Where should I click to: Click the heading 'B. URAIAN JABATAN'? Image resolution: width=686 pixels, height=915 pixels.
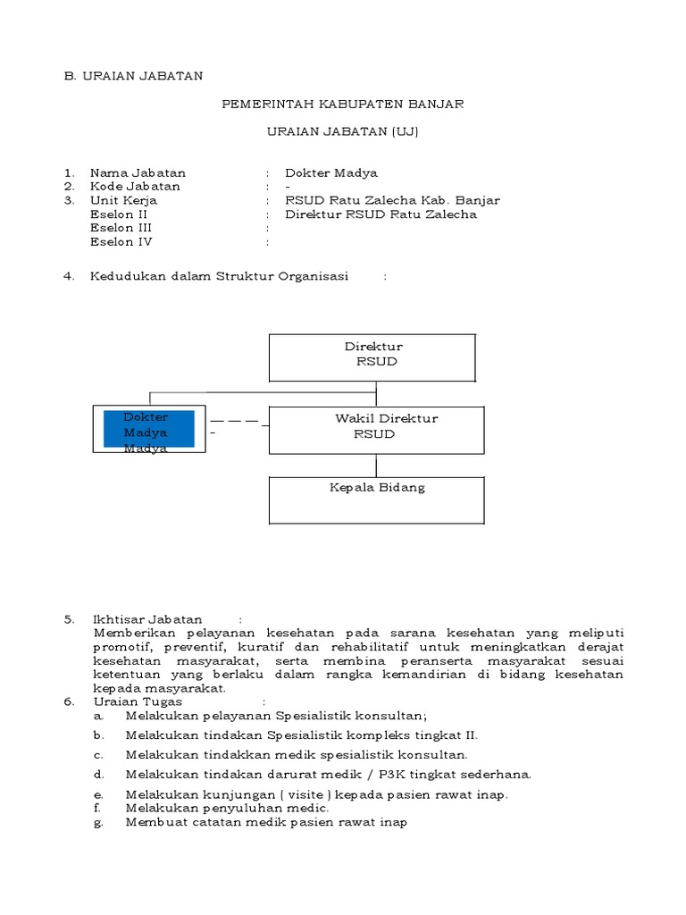[x=133, y=77]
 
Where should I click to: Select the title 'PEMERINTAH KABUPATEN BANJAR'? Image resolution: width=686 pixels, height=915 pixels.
[x=342, y=105]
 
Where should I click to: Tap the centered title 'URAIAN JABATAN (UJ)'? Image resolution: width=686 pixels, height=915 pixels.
[x=342, y=131]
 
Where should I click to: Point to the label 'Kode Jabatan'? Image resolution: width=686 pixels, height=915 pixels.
[x=135, y=186]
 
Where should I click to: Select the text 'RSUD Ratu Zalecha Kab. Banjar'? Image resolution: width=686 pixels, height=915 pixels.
[x=392, y=200]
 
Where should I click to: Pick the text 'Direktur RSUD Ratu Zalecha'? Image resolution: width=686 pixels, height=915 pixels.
[x=381, y=214]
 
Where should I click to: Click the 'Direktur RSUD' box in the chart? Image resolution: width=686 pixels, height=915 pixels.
[x=372, y=357]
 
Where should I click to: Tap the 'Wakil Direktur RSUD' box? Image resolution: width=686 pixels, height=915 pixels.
[x=376, y=431]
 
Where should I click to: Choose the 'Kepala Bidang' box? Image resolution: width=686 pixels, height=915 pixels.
[x=376, y=499]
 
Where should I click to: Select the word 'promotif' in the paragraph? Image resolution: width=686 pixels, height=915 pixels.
[x=120, y=646]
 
